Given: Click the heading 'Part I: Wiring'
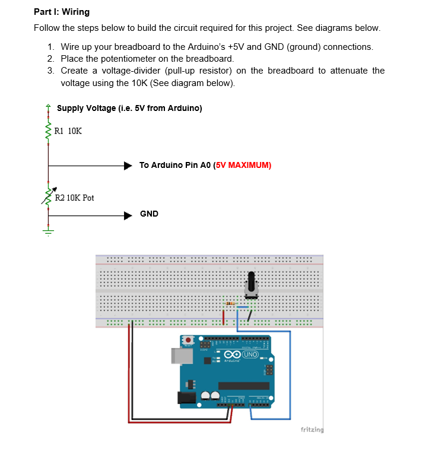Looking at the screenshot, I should point(62,12).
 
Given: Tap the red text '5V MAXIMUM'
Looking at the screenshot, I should point(244,166).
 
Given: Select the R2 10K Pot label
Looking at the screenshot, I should point(74,198).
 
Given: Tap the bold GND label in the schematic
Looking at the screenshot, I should point(149,214).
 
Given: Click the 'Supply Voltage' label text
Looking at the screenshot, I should point(129,108).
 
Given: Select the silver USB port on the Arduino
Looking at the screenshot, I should point(180,355).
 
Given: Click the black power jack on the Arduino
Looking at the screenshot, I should point(188,398).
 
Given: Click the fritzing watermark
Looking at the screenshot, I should point(312,429).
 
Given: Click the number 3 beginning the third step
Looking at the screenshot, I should point(50,71).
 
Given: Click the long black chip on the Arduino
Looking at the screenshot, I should point(246,386).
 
